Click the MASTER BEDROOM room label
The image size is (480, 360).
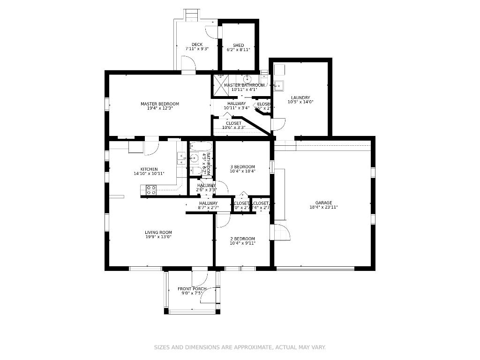(160, 104)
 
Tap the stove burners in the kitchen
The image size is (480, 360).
(151, 189)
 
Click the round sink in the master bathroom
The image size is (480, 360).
(247, 78)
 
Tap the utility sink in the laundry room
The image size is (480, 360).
(278, 85)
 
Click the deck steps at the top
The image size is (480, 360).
(191, 15)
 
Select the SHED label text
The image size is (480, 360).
(239, 45)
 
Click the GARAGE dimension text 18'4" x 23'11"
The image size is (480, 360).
(323, 207)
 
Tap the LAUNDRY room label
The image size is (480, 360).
(300, 98)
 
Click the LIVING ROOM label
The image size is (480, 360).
(158, 232)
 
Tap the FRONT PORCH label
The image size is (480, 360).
(192, 289)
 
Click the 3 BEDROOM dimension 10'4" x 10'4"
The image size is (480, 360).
(242, 172)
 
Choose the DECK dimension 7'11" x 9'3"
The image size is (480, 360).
(197, 49)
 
